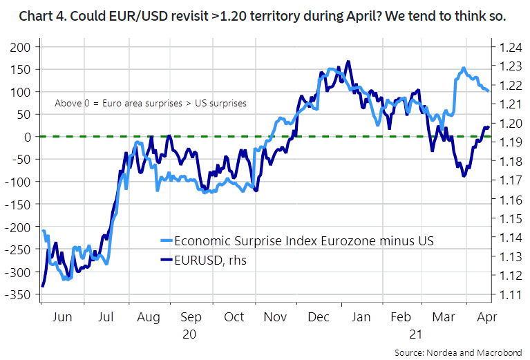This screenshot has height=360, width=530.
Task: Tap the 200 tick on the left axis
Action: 22,47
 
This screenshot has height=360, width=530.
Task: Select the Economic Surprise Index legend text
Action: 304,240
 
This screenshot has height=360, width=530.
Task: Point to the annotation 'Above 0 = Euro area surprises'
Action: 151,103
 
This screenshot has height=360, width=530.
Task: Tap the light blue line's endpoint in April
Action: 489,91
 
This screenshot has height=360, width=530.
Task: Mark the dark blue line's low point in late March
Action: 463,176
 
